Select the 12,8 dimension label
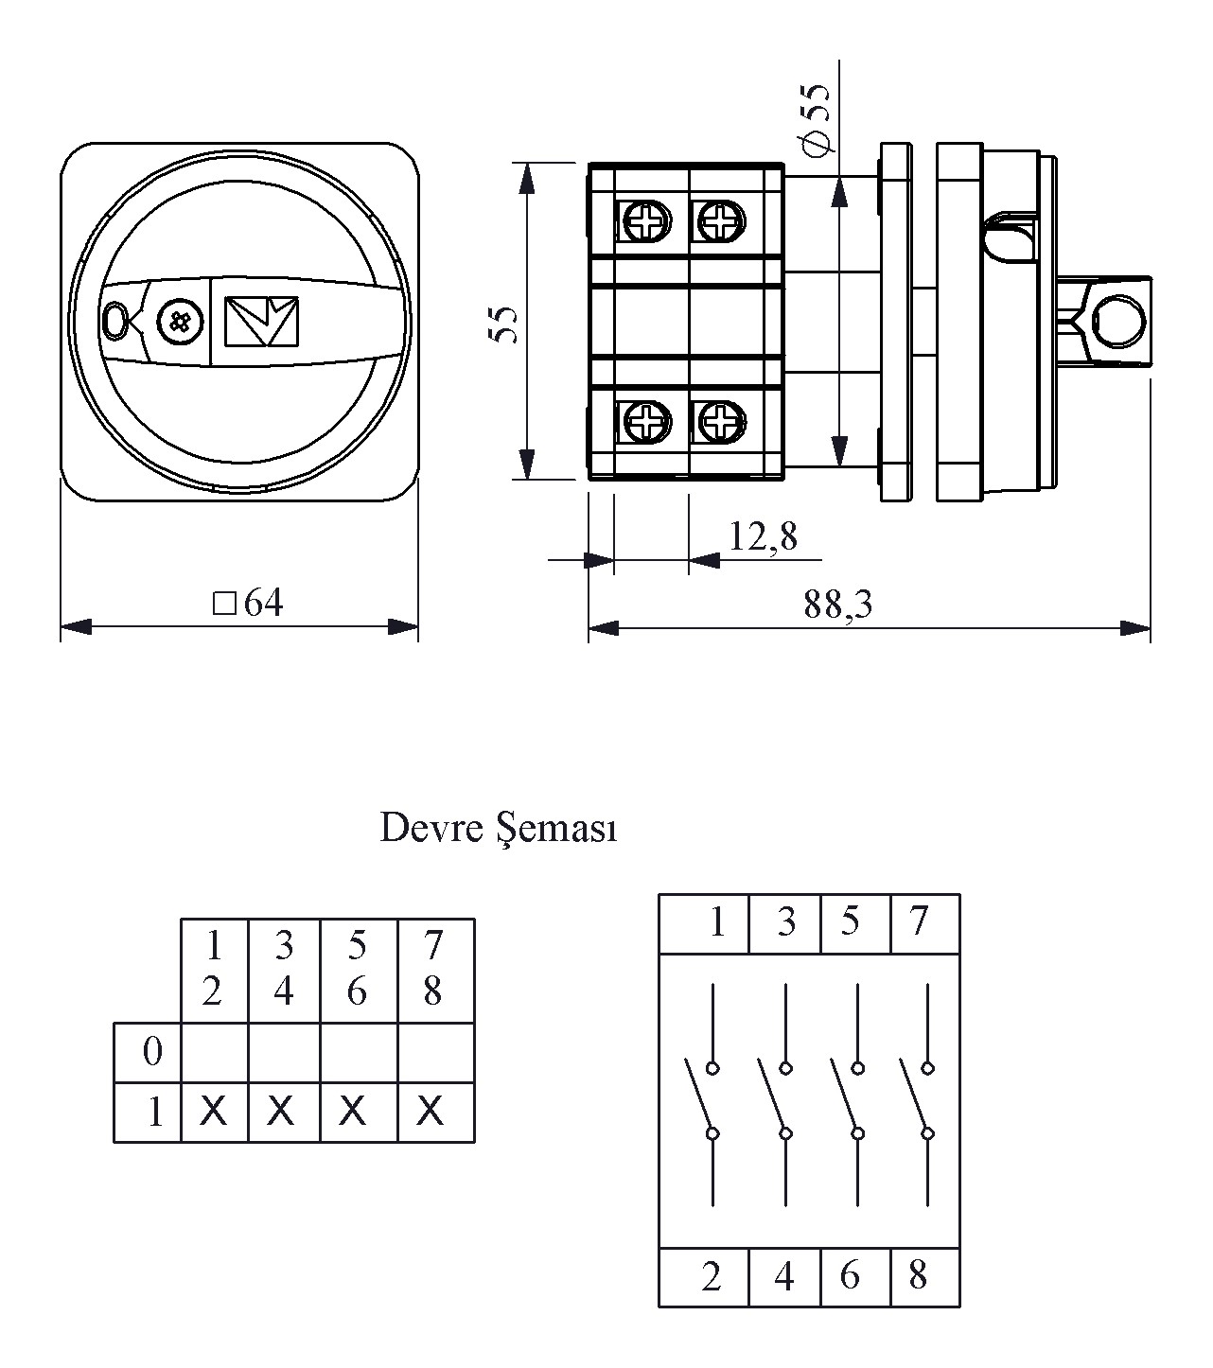point(763,537)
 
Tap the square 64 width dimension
point(249,604)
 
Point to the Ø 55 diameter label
point(815,117)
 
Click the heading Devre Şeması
point(498,828)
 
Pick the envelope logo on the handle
point(261,322)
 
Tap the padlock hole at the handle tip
point(116,321)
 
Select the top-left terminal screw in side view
point(646,223)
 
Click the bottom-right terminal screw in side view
point(721,421)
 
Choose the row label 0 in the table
point(151,1052)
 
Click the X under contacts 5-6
point(352,1111)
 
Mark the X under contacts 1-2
point(214,1111)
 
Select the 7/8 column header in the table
point(432,968)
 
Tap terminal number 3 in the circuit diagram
point(786,921)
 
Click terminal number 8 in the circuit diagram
point(918,1276)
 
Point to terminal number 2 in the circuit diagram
point(712,1277)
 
